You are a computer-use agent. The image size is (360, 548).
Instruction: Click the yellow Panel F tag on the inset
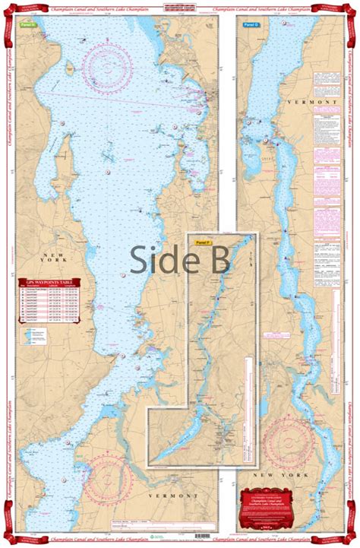(201, 242)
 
